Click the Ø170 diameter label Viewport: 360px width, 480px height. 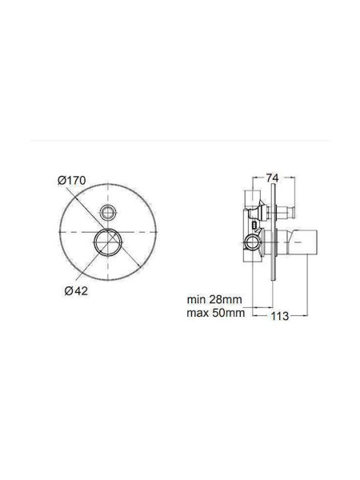pos(72,181)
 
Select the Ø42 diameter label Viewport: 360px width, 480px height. pos(76,291)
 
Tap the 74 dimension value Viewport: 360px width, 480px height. pos(273,178)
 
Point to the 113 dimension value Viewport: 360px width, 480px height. pos(280,316)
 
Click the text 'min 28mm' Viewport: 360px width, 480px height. pos(214,299)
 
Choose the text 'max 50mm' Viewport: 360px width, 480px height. pos(216,313)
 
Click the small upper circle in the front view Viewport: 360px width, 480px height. pos(108,211)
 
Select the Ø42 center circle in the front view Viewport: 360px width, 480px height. pos(108,242)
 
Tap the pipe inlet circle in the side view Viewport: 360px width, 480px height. pos(253,242)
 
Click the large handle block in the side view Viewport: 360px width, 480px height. pos(303,242)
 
